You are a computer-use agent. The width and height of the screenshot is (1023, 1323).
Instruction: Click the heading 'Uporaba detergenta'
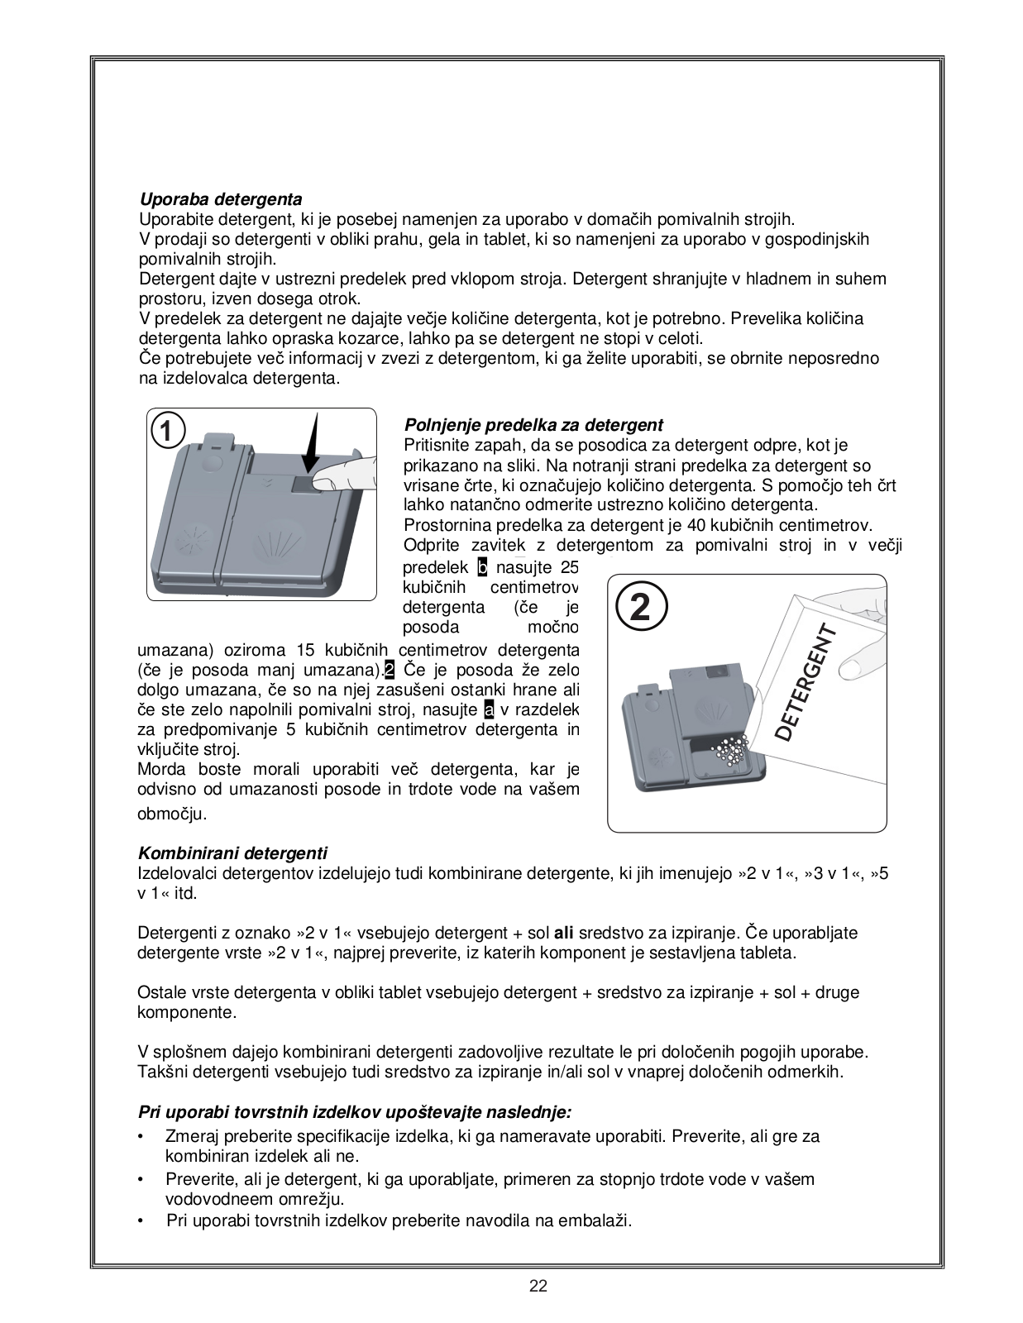[220, 199]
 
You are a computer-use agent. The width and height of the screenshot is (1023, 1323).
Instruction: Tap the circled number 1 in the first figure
[167, 432]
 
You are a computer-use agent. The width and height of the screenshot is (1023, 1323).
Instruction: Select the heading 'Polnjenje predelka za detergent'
[533, 425]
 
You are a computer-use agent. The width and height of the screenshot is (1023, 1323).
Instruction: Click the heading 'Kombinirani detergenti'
[232, 853]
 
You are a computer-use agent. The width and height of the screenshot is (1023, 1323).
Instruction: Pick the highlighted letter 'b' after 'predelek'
[483, 567]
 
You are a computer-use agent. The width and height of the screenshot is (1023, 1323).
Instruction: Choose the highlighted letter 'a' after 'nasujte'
[488, 709]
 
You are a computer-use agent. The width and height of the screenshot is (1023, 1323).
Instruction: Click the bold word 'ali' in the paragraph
[564, 933]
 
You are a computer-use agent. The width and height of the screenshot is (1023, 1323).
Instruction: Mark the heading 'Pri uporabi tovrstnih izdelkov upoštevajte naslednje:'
[355, 1112]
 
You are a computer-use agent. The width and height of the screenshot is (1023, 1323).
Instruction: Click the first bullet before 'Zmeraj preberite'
[142, 1137]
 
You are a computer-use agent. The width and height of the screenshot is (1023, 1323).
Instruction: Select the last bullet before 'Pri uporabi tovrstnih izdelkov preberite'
[142, 1220]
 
